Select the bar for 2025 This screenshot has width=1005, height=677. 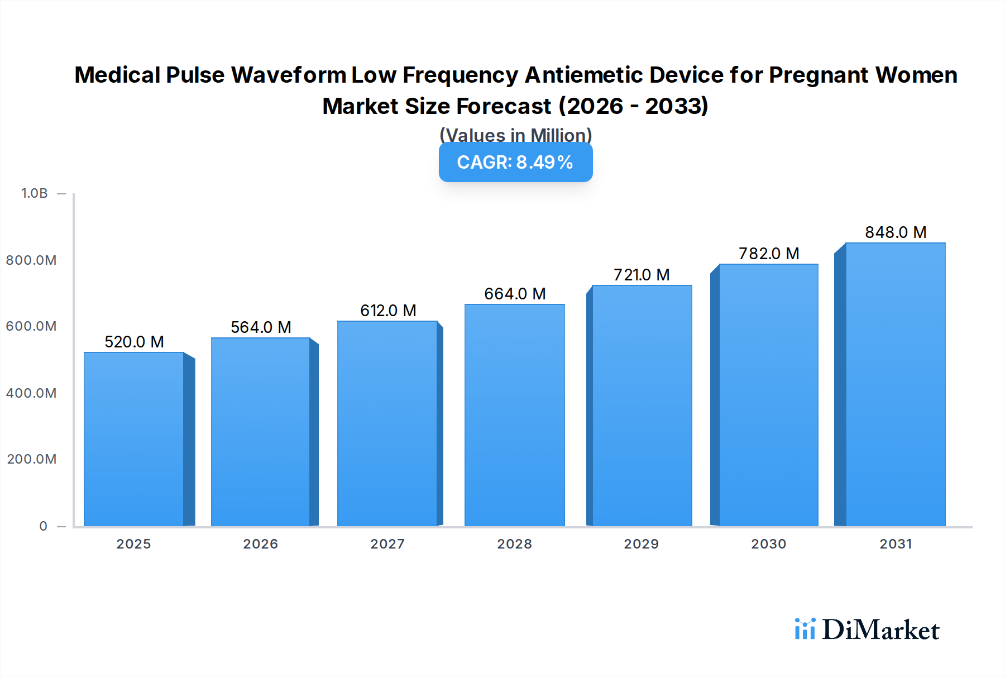pyautogui.click(x=134, y=439)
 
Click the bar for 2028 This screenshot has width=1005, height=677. pyautogui.click(x=514, y=415)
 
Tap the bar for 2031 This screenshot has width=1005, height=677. pyautogui.click(x=896, y=384)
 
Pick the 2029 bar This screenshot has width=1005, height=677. pyautogui.click(x=642, y=406)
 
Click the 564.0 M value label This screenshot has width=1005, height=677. pyautogui.click(x=261, y=327)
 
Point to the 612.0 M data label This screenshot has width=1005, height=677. pyautogui.click(x=388, y=311)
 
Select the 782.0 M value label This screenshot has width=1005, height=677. pyautogui.click(x=769, y=254)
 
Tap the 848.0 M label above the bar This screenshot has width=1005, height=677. pyautogui.click(x=896, y=232)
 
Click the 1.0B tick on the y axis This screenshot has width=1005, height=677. pyautogui.click(x=35, y=193)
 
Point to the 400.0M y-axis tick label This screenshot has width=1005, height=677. pyautogui.click(x=31, y=393)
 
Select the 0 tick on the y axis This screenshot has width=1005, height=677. pyautogui.click(x=44, y=526)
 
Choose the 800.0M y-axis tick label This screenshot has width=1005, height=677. pyautogui.click(x=31, y=260)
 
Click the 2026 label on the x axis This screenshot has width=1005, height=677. pyautogui.click(x=260, y=544)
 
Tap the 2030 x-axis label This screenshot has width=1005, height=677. pyautogui.click(x=768, y=544)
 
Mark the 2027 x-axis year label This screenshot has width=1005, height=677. pyautogui.click(x=387, y=544)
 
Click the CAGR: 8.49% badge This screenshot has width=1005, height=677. pyautogui.click(x=515, y=162)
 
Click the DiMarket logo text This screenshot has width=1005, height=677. pyautogui.click(x=880, y=630)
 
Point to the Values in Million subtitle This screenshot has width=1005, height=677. pyautogui.click(x=515, y=135)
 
